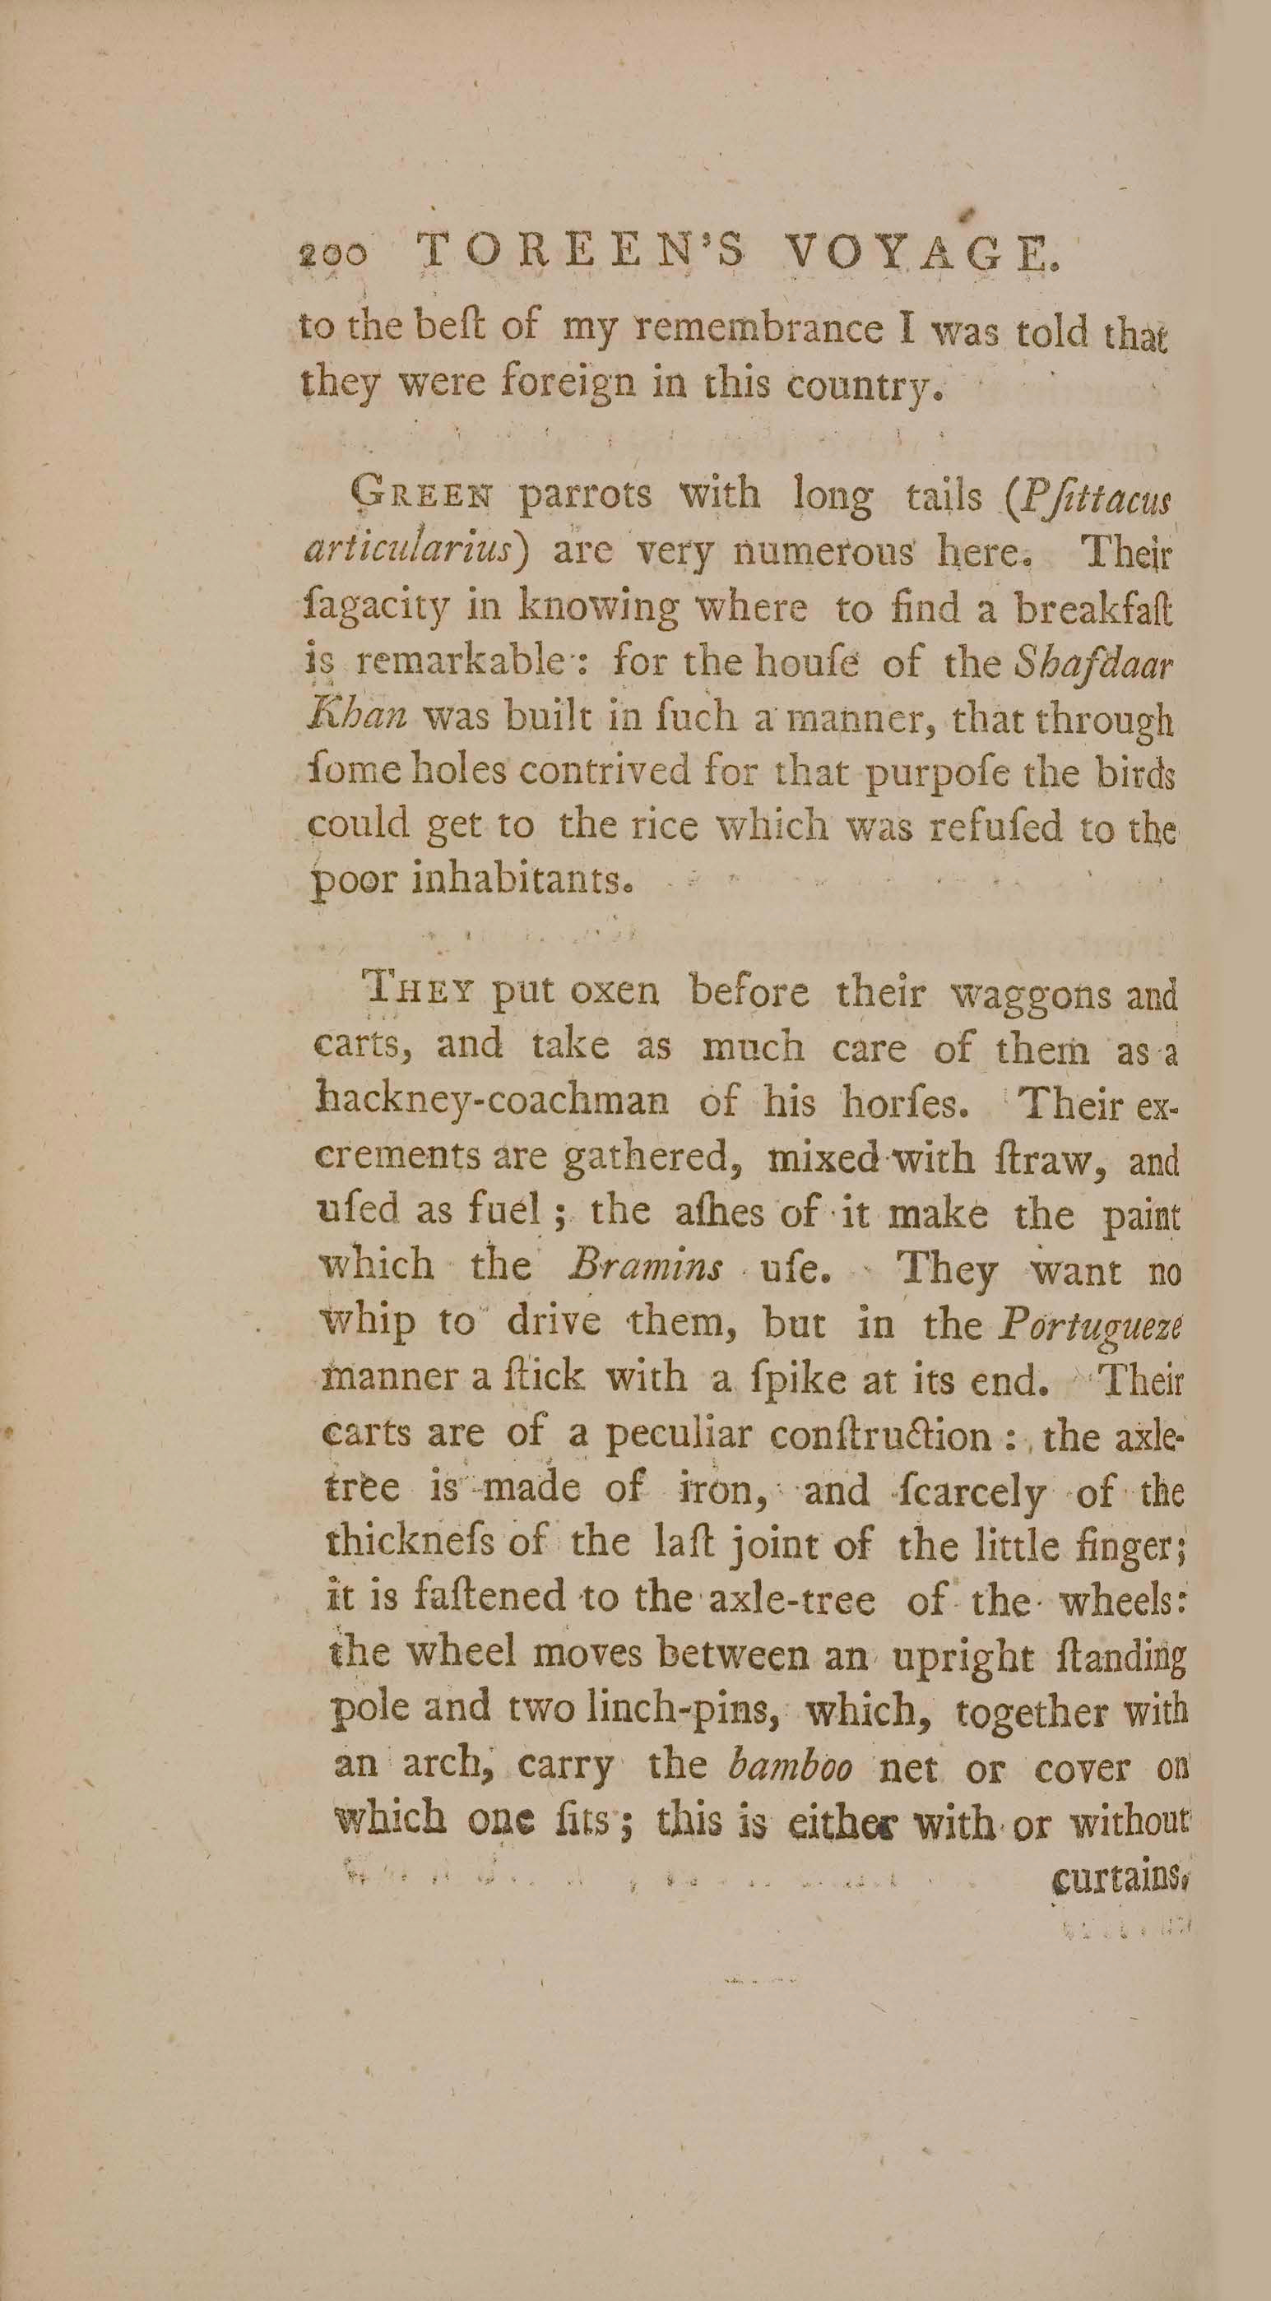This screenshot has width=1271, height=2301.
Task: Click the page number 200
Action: coord(331,254)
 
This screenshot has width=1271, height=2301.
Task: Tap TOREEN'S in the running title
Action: coord(580,251)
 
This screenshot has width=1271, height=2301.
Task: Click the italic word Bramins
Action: coord(646,1268)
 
